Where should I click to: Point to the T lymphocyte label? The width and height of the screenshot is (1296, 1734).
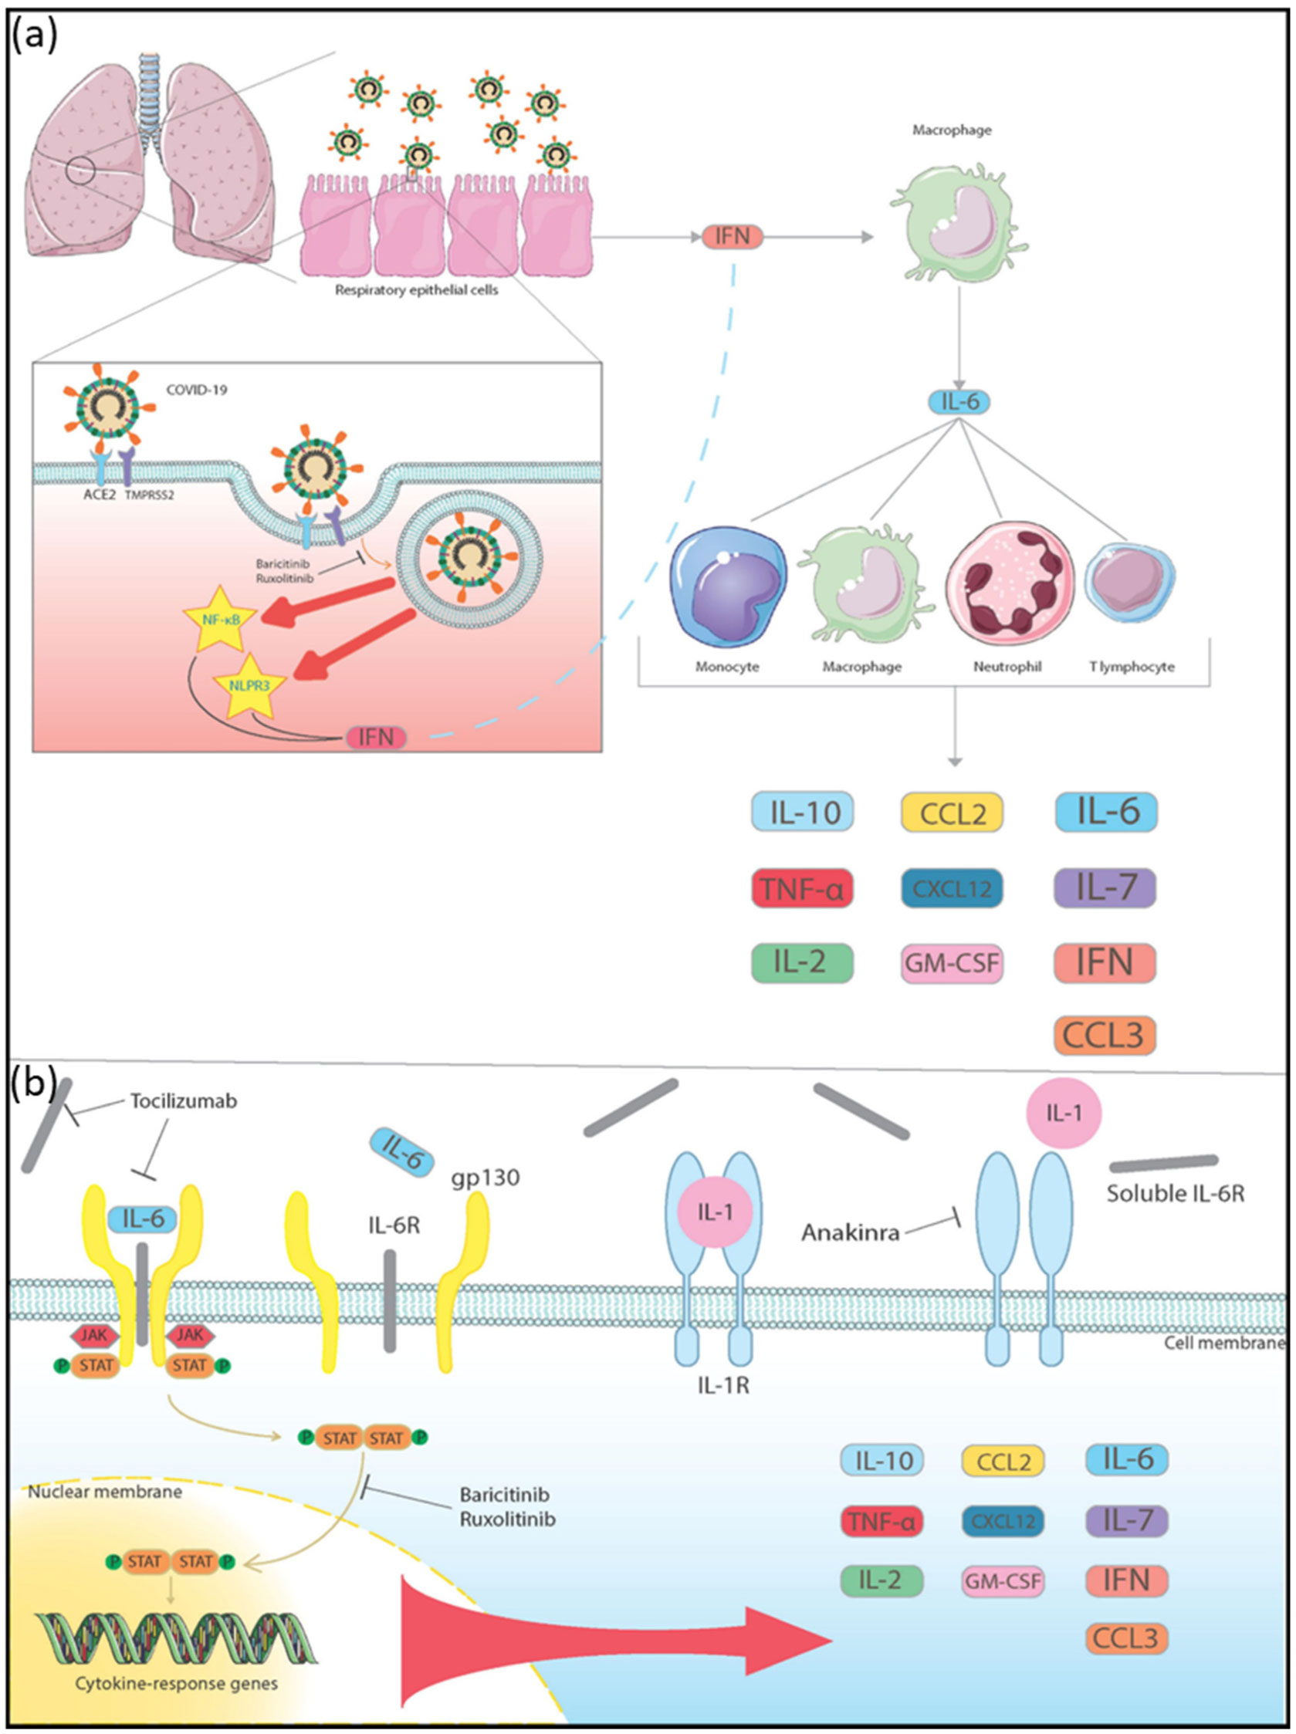1131,667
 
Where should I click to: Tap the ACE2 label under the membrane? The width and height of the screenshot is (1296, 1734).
100,495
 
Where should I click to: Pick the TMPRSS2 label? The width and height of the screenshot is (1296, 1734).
148,495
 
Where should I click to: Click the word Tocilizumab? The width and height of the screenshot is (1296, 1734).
184,1100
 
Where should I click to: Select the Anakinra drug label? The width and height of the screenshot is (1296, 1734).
850,1233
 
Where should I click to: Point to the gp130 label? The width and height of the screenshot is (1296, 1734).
486,1178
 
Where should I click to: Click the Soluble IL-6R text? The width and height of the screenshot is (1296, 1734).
1175,1193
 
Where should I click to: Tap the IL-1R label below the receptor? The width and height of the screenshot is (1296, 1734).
723,1386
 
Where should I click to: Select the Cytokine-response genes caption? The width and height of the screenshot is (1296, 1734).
177,1683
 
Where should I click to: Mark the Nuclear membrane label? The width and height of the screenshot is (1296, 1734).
105,1491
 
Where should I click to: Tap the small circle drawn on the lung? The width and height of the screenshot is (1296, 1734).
81,169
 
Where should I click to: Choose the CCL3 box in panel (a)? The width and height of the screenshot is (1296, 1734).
1104,1035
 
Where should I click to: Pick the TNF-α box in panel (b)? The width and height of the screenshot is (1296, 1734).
881,1522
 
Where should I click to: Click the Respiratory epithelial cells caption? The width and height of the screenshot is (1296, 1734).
416,290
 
